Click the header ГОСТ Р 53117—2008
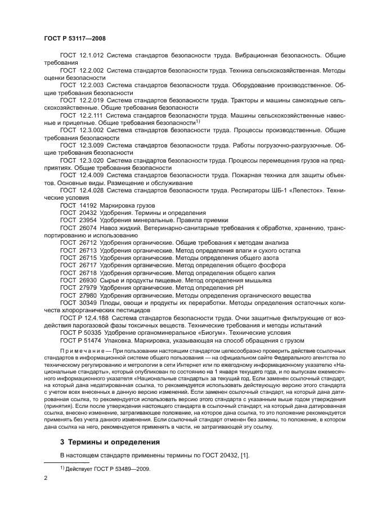click(x=74, y=38)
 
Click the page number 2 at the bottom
click(x=46, y=477)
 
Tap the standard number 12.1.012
click(x=91, y=55)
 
